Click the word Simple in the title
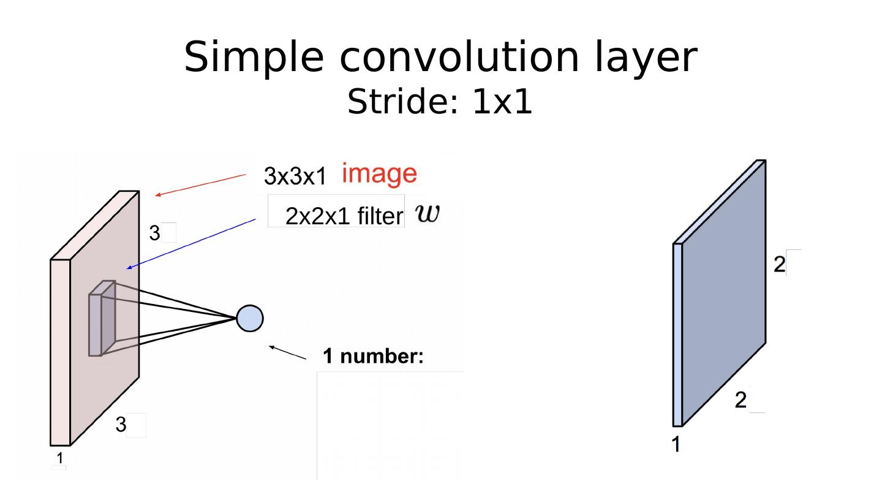point(254,58)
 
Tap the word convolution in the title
point(459,56)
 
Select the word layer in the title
point(646,58)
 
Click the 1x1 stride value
point(502,102)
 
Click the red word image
point(379,173)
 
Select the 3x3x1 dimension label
point(295,176)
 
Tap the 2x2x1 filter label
point(344,216)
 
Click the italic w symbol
point(428,214)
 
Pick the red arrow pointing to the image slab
point(200,184)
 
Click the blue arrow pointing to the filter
point(191,244)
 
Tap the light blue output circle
point(250,318)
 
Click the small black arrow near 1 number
point(287,352)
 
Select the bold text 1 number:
point(373,357)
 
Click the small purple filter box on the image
point(102,318)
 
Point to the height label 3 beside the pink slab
point(155,233)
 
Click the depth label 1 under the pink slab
point(60,458)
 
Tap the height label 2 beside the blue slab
point(779,264)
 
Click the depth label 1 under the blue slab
point(676,444)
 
